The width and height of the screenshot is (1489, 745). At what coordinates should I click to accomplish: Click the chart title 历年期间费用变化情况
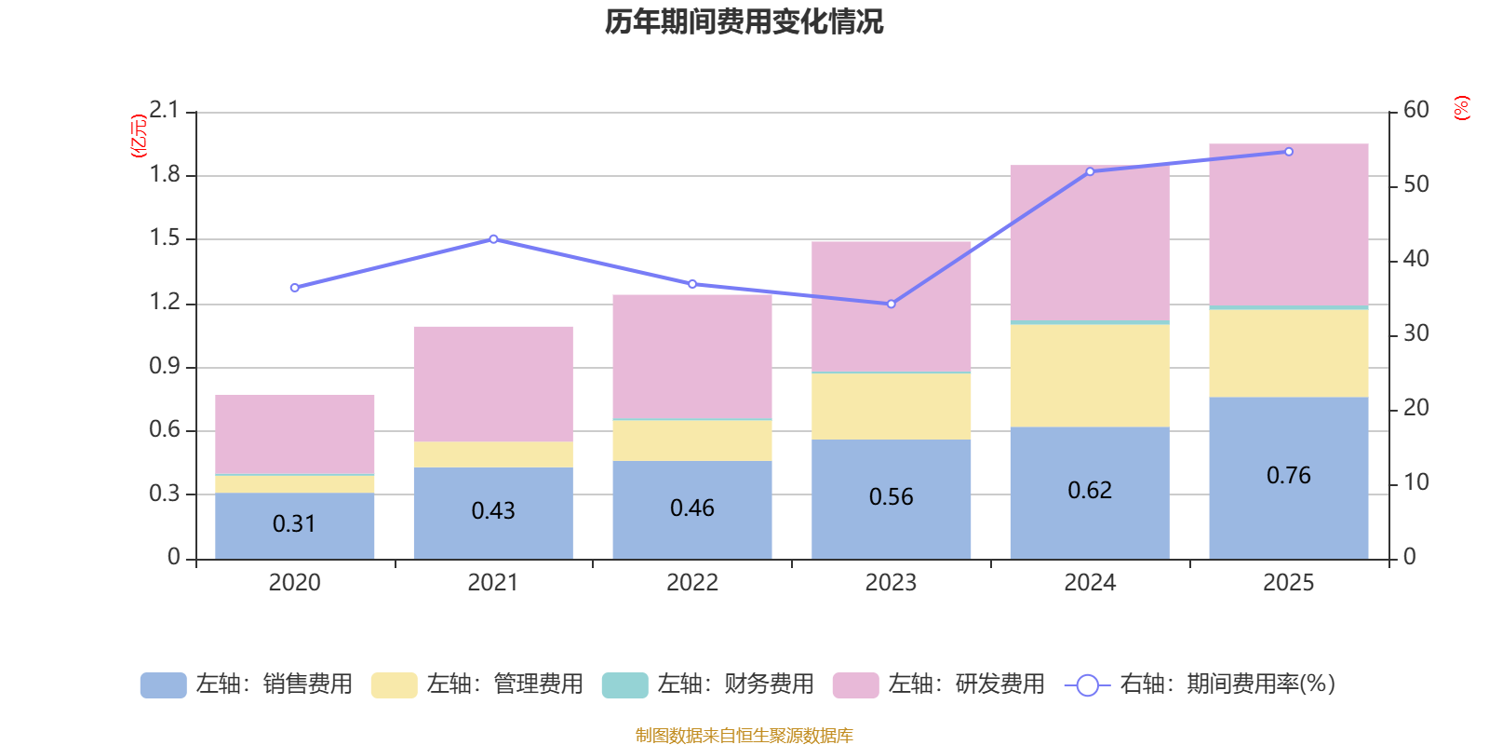(x=744, y=22)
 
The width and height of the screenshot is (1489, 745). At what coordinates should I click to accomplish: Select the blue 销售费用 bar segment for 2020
(x=294, y=525)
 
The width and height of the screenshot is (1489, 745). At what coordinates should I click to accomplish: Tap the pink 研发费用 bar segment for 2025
(x=1288, y=223)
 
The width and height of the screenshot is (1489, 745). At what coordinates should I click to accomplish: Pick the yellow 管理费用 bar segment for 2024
(x=1089, y=375)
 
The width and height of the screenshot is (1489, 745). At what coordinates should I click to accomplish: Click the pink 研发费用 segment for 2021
(x=492, y=384)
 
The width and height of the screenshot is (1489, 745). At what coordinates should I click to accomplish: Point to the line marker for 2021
(x=493, y=239)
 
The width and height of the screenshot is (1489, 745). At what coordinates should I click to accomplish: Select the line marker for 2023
(x=891, y=304)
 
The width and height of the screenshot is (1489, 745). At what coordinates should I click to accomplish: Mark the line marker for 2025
(x=1289, y=152)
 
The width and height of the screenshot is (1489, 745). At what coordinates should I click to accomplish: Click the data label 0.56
(x=891, y=497)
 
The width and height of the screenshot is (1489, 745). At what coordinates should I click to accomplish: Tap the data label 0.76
(x=1288, y=476)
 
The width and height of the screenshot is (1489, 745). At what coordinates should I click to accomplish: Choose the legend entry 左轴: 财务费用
(x=708, y=684)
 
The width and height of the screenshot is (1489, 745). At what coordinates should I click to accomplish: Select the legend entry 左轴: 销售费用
(x=247, y=684)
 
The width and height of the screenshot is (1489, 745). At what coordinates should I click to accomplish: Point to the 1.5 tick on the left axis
(x=165, y=238)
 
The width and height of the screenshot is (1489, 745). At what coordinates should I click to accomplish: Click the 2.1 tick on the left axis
(x=165, y=111)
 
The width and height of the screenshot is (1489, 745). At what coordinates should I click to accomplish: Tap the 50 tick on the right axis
(x=1415, y=184)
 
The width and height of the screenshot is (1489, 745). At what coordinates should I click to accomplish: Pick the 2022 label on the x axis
(x=691, y=583)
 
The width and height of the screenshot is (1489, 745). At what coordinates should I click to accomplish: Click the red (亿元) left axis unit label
(x=139, y=136)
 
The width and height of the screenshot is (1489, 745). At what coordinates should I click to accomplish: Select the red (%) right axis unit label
(x=1461, y=108)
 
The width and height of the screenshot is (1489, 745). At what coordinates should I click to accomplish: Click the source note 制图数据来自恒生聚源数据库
(x=744, y=736)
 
